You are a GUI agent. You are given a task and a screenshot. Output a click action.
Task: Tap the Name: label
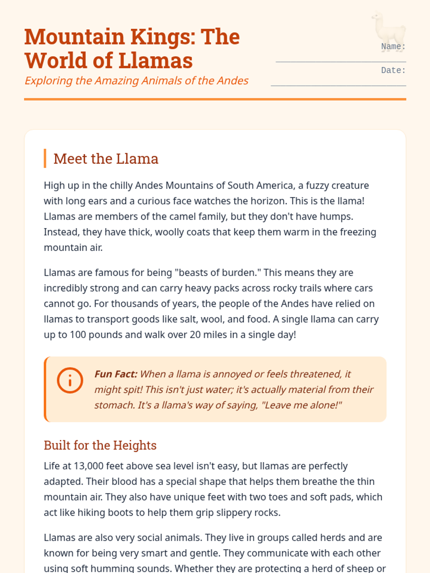coord(393,47)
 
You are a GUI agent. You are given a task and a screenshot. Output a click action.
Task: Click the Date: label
coord(393,71)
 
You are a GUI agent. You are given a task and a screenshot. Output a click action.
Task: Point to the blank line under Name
coord(340,62)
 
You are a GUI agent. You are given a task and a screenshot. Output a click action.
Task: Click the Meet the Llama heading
coord(106,159)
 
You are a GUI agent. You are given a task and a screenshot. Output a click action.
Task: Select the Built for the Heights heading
coord(100,445)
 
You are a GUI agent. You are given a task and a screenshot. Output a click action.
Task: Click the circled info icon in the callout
coord(70,380)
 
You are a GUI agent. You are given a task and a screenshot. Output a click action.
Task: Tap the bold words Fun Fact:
coord(116,374)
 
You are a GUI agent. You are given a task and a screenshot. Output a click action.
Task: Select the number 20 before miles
coord(195,335)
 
